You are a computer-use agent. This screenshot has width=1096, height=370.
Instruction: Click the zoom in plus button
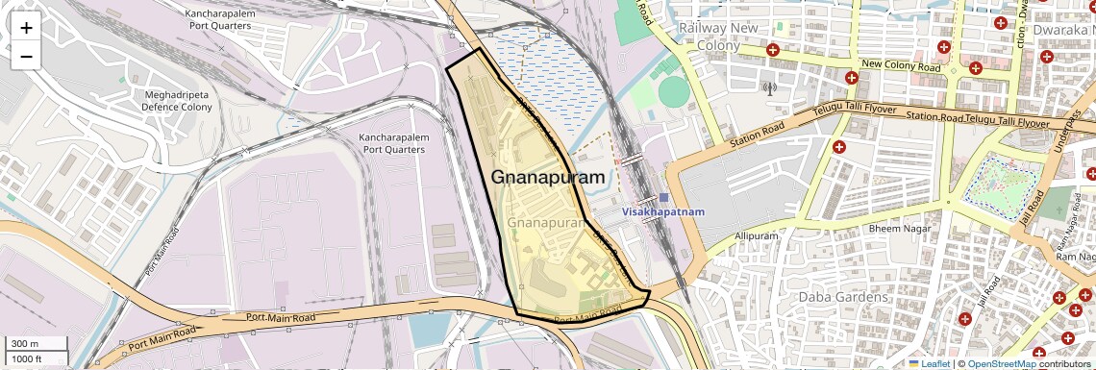click(x=26, y=28)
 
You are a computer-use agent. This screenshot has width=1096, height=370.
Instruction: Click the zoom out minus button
click(x=26, y=57)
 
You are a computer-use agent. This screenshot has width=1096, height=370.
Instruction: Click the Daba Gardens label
click(x=843, y=297)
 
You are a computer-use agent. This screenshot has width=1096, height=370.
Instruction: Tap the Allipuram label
click(x=755, y=235)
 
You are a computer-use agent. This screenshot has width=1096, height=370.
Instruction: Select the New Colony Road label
click(x=901, y=66)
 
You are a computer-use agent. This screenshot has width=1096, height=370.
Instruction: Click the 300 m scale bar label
click(x=25, y=344)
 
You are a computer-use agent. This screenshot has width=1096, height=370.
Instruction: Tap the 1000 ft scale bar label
click(x=27, y=358)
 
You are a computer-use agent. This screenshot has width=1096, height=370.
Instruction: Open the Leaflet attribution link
click(x=934, y=363)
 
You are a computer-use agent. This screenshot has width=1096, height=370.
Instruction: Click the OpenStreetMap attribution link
click(x=1001, y=363)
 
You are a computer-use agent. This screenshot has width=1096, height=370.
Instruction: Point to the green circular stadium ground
click(x=673, y=92)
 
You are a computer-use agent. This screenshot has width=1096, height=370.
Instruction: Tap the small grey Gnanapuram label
click(x=546, y=223)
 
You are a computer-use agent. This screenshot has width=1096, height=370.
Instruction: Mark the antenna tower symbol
click(x=768, y=89)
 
